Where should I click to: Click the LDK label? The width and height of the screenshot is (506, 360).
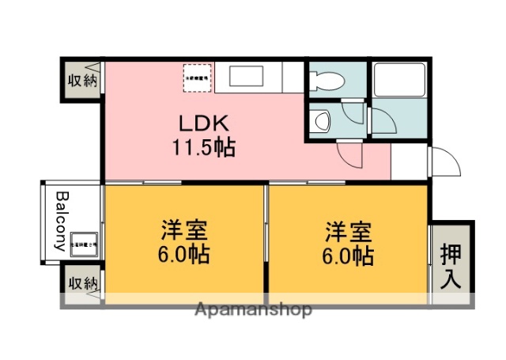(x=202, y=123)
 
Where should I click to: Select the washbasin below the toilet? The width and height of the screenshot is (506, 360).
(x=322, y=121)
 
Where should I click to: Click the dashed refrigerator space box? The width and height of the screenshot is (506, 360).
(x=197, y=77)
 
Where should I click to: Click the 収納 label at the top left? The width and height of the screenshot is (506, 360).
(x=81, y=80)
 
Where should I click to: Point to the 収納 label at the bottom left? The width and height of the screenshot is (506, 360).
(x=81, y=283)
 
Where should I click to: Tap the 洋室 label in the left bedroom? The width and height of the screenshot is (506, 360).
(x=184, y=231)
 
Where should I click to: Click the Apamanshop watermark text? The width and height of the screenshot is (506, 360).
(x=253, y=309)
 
